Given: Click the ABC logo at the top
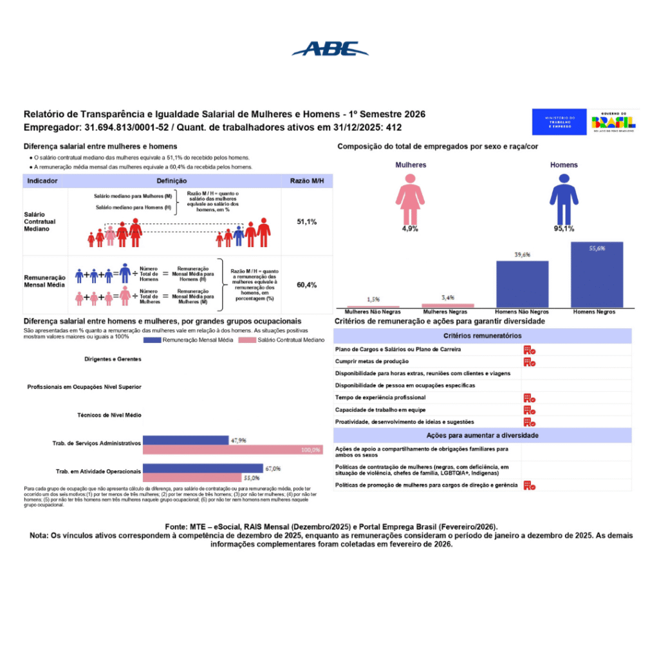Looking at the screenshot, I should click(329, 49).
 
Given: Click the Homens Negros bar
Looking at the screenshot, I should click(597, 275).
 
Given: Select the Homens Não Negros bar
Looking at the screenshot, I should click(522, 284).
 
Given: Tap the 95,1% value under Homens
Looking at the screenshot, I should click(564, 228).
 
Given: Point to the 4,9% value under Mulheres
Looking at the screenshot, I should click(410, 228).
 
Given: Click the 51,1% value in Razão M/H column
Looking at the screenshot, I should click(306, 221).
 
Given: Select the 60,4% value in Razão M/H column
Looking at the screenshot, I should click(306, 284).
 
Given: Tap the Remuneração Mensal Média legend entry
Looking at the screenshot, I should click(189, 339).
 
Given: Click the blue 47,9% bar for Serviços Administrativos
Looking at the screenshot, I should click(185, 440).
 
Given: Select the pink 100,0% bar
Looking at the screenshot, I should click(232, 450).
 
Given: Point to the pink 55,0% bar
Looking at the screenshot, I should click(192, 478).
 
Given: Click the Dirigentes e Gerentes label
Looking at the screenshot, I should click(113, 359).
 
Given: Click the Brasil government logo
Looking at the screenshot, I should click(614, 122).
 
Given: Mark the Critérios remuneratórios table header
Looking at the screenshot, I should click(482, 335).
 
